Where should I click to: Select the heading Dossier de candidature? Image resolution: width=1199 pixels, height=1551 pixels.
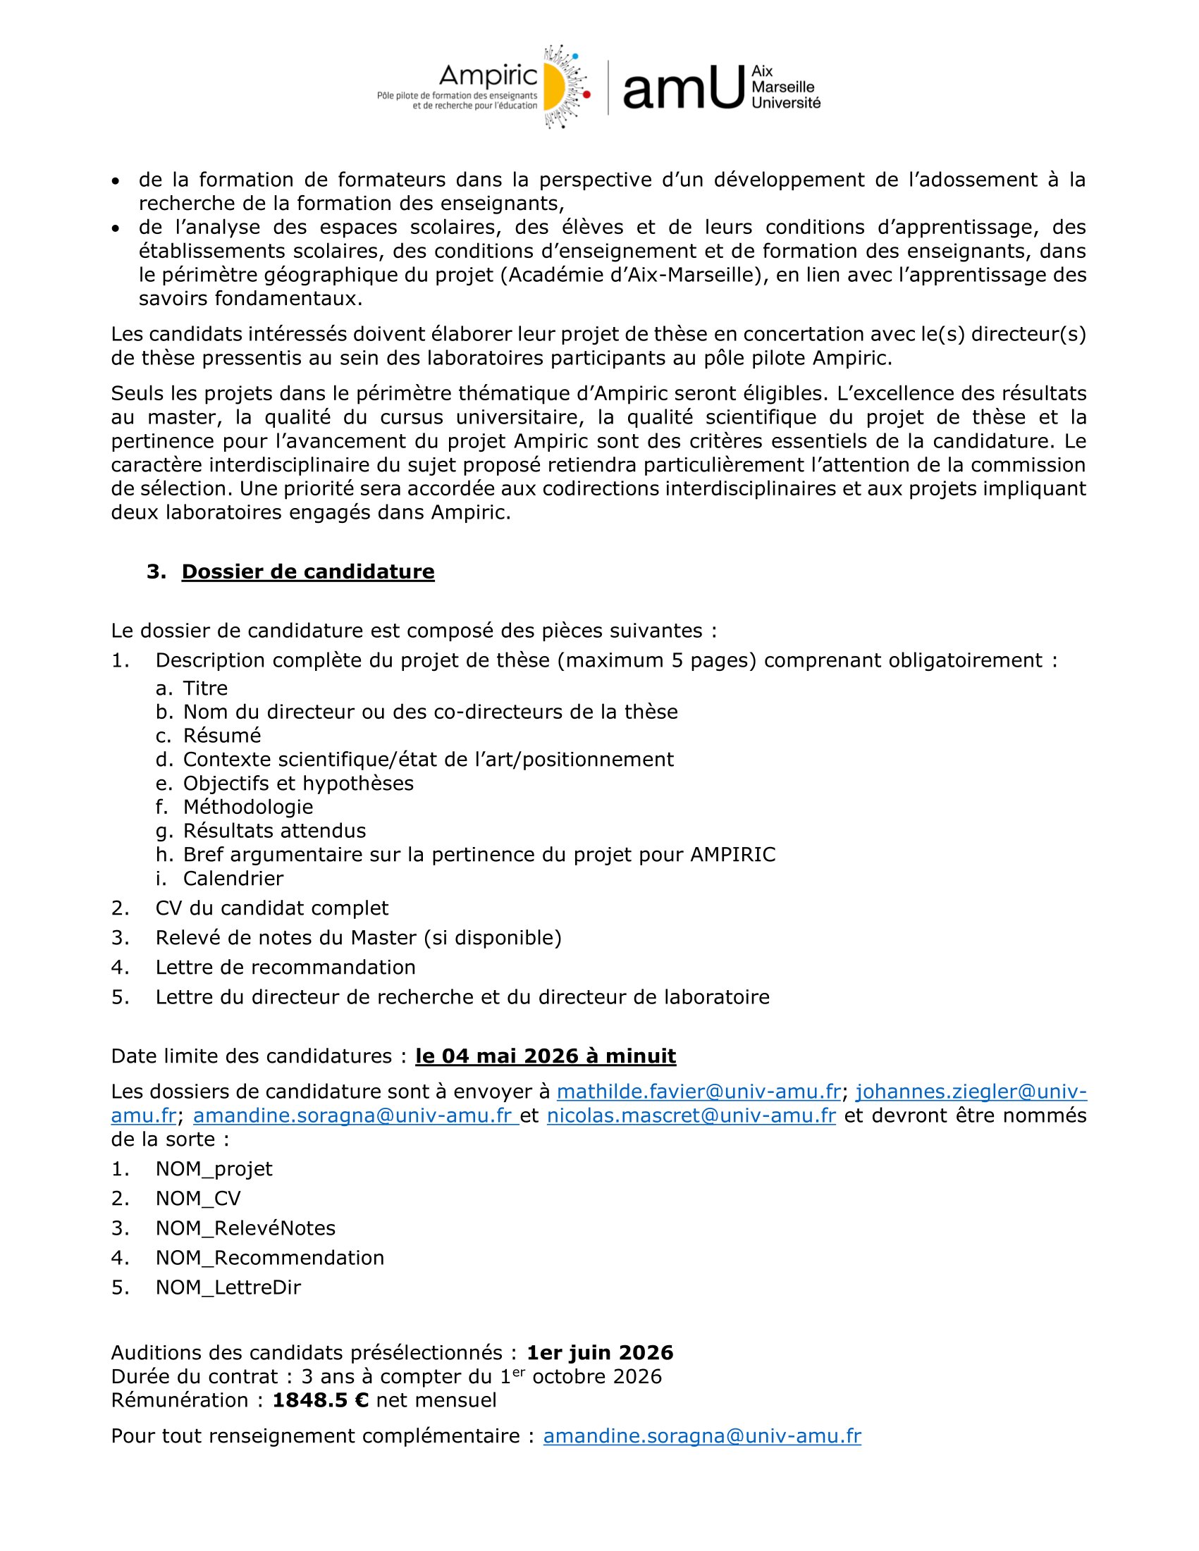307,571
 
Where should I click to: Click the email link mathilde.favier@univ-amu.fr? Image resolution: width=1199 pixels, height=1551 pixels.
699,1092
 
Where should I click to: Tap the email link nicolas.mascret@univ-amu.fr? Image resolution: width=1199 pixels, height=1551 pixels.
691,1116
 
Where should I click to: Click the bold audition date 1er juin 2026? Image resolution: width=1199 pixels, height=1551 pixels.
599,1353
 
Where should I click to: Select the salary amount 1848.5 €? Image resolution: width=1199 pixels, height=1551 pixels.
320,1400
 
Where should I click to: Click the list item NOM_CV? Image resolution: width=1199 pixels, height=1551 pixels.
198,1199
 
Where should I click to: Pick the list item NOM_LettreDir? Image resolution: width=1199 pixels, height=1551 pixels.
228,1287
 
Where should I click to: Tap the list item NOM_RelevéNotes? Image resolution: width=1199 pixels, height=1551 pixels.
245,1228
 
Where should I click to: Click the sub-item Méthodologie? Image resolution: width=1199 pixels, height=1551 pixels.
248,807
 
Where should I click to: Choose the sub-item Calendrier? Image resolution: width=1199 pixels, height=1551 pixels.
233,879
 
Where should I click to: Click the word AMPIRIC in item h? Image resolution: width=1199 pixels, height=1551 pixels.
733,854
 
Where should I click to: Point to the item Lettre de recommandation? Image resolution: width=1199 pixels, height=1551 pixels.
285,968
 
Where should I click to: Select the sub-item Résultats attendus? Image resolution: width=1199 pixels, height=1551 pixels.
274,831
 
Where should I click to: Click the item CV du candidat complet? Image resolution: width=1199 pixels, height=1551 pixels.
271,908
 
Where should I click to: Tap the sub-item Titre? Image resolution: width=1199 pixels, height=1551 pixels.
205,688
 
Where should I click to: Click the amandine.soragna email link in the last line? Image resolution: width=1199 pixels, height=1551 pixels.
702,1436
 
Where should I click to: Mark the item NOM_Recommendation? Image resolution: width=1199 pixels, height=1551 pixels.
269,1258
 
